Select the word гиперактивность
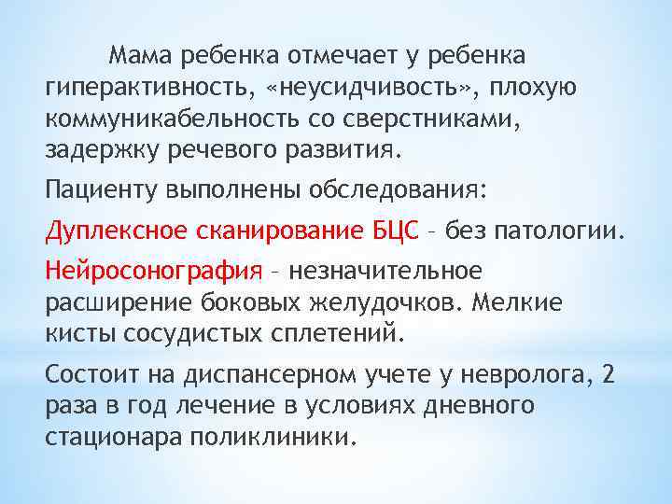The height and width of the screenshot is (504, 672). (147, 88)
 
